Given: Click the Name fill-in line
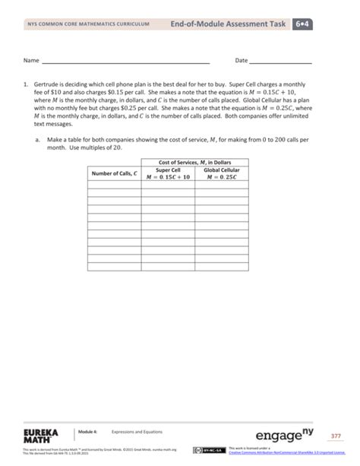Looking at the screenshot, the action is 125,61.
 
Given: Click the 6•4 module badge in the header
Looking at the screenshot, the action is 309,24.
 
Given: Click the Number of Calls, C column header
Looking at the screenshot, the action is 114,174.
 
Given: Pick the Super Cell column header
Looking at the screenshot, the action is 168,174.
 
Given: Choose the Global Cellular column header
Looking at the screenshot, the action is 222,174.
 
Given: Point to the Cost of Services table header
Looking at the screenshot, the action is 195,163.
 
